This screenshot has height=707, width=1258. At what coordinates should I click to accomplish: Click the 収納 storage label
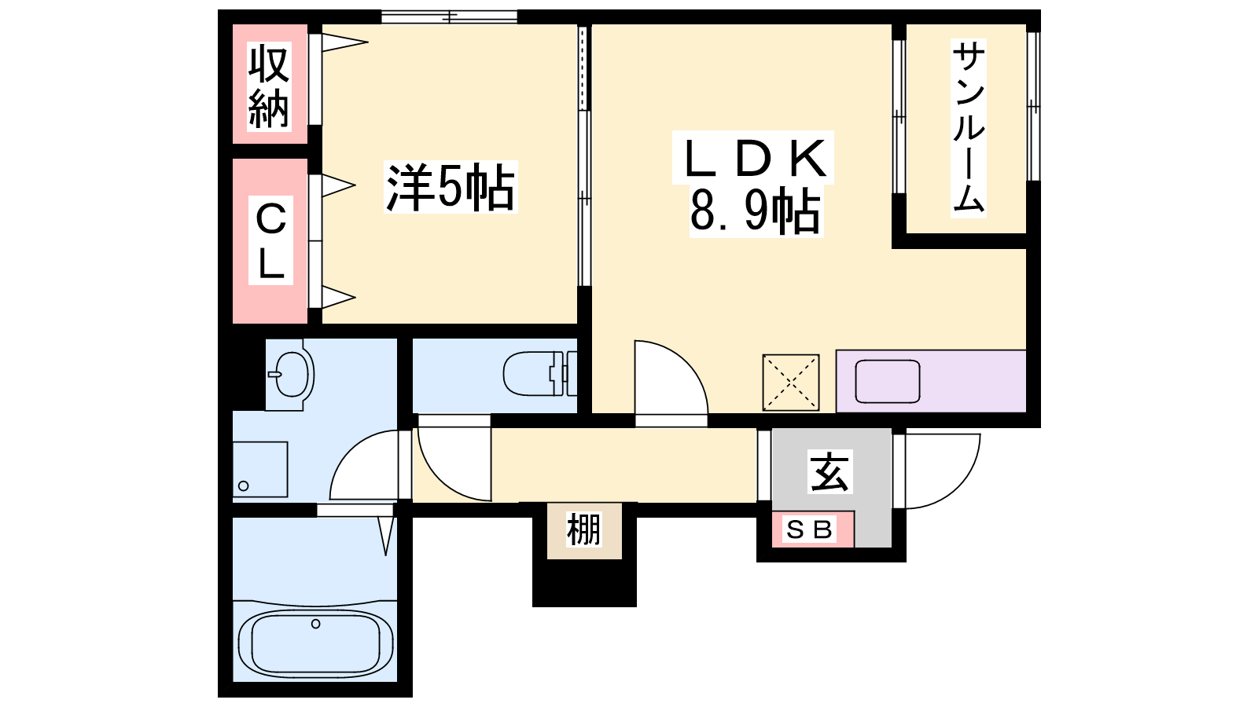(270, 87)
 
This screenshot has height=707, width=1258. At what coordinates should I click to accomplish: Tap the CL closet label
(270, 240)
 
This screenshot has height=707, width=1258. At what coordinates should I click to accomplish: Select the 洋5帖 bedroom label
(451, 187)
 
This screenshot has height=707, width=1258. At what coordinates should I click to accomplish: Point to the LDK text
(753, 158)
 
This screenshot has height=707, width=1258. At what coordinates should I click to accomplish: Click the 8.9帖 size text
(756, 211)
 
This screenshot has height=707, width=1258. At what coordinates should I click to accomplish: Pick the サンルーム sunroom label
(969, 129)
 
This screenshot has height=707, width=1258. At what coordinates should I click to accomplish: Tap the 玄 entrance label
(830, 472)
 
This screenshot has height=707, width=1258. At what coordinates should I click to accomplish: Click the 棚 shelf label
(584, 529)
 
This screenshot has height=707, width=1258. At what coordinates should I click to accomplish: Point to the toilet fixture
(539, 373)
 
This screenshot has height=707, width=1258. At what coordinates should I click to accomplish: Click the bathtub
(315, 643)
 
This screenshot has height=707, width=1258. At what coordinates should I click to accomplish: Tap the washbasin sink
(290, 373)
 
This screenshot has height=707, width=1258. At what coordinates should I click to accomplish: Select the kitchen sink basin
(888, 382)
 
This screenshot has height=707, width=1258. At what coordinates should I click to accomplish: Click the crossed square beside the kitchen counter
(791, 382)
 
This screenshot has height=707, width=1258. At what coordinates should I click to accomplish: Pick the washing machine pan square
(260, 469)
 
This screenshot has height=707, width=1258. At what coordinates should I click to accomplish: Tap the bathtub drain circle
(315, 624)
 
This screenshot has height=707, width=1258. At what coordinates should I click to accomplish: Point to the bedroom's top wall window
(449, 16)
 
